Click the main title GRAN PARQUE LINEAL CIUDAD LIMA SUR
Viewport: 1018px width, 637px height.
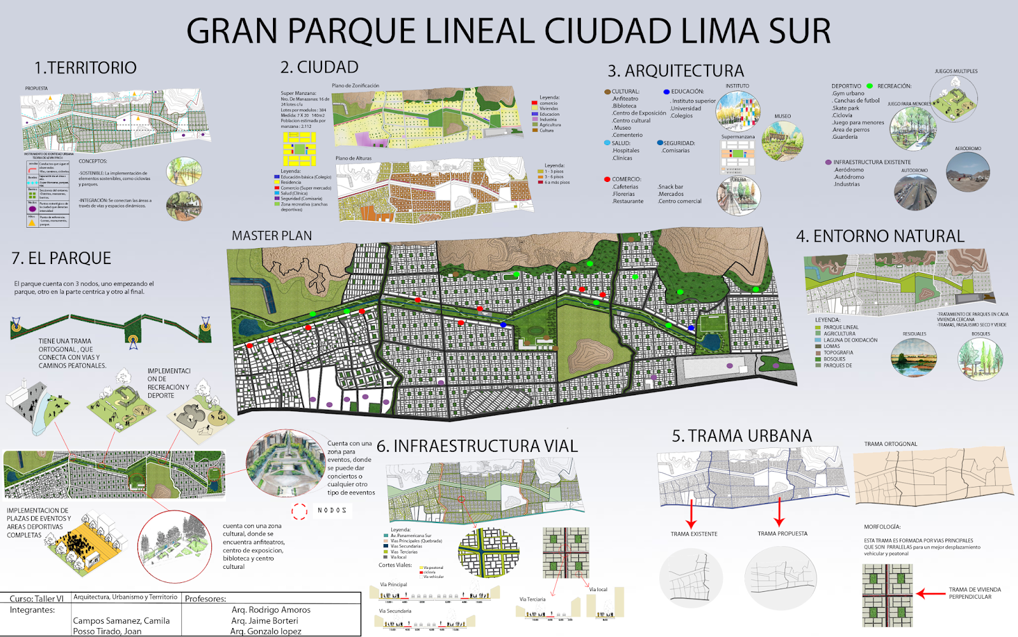click(508, 31)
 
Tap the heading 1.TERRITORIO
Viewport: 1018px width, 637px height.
click(85, 67)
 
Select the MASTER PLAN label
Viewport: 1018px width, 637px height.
click(272, 236)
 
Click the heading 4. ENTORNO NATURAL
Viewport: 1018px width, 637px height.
click(880, 236)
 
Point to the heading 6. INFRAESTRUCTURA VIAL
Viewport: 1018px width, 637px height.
click(477, 446)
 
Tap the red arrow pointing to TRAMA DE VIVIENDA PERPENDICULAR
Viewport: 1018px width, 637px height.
click(930, 594)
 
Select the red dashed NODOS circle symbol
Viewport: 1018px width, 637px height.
click(300, 510)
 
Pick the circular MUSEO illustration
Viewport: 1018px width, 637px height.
click(783, 140)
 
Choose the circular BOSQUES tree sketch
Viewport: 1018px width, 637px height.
click(980, 358)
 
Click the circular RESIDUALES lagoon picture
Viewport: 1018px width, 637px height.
click(914, 357)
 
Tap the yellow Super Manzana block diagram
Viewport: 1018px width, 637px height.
click(299, 149)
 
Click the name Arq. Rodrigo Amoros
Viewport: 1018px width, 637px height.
click(271, 610)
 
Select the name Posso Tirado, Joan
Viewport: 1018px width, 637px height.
click(107, 631)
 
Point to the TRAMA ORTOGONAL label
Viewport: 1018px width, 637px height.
click(890, 444)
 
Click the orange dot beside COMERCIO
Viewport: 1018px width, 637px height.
click(607, 179)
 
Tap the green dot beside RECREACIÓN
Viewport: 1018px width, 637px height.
click(869, 86)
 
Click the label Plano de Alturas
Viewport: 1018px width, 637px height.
click(353, 158)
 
